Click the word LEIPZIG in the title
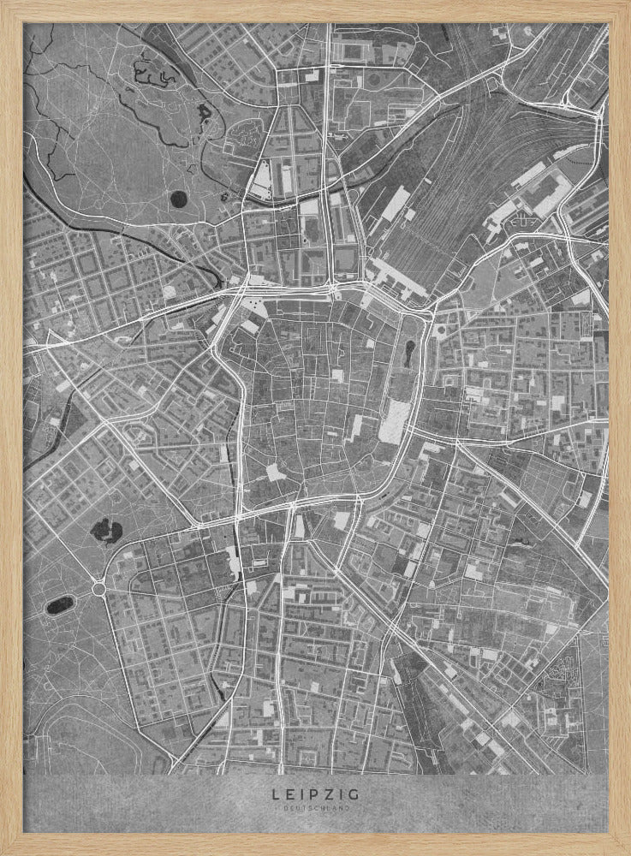tap(314, 794)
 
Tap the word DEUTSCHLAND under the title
tap(314, 807)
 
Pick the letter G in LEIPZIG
tap(355, 794)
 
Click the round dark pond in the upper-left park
tap(178, 199)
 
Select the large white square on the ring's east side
tap(396, 422)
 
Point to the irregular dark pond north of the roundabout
tap(106, 530)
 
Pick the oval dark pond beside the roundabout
tap(59, 604)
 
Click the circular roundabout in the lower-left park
tap(98, 588)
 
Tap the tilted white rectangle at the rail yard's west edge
tap(395, 204)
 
